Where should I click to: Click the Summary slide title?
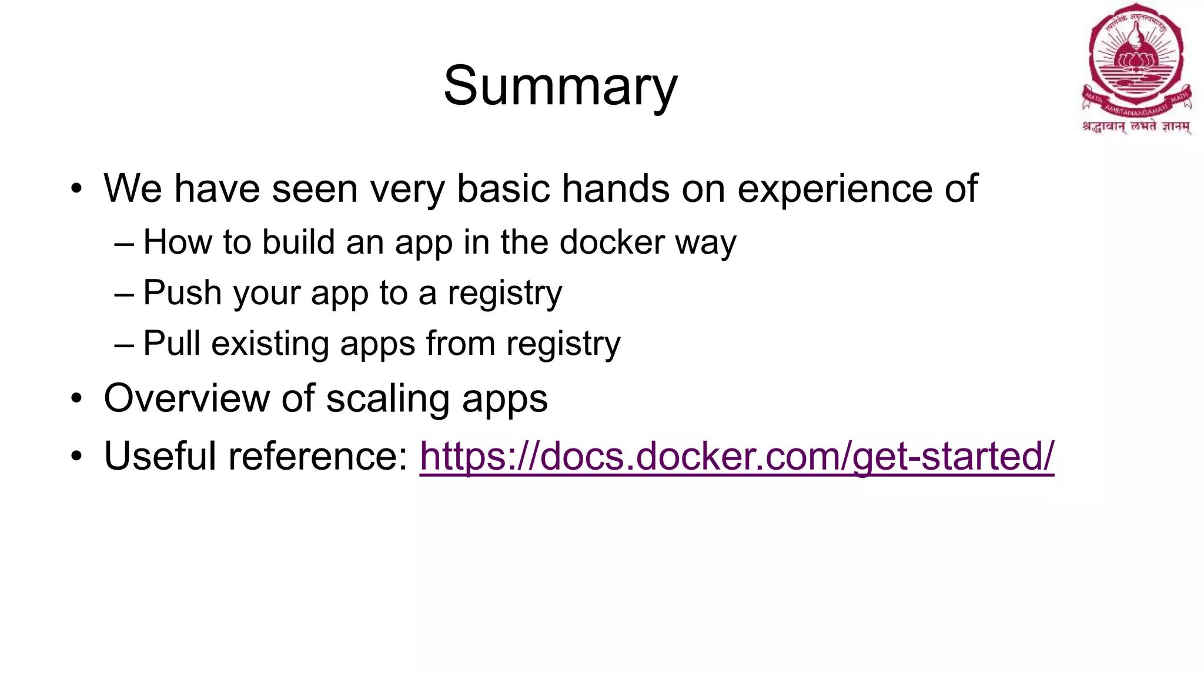[x=560, y=86]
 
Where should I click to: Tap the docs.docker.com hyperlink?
[x=737, y=456]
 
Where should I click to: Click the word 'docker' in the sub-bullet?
[x=611, y=242]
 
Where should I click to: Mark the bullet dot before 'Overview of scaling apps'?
[x=76, y=400]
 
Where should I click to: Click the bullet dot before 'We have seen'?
[x=76, y=190]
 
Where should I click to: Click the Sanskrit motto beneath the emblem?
[x=1136, y=126]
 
